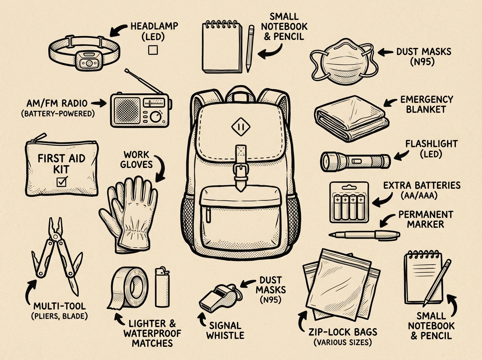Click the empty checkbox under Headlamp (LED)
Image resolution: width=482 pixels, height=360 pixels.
(x=153, y=50)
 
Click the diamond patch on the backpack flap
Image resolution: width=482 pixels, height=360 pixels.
(x=241, y=127)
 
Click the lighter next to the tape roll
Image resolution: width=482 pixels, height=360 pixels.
(x=162, y=287)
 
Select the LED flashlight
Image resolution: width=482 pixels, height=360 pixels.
(x=355, y=162)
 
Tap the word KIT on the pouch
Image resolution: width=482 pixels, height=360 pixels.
(x=61, y=170)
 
